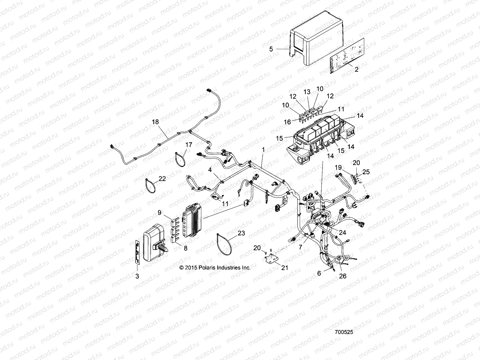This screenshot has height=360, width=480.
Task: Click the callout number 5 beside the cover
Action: pos(271,49)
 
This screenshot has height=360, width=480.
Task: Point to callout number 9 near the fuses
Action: pos(160,213)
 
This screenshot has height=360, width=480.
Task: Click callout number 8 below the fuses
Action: pos(186,248)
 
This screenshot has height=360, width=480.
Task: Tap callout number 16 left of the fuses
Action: pos(287,122)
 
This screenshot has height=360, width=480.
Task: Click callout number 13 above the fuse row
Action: pos(307,92)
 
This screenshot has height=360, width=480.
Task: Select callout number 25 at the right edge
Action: pos(366,172)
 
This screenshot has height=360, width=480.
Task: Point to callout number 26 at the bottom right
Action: pos(342,276)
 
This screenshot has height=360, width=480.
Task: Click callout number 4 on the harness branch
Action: pos(210,170)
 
